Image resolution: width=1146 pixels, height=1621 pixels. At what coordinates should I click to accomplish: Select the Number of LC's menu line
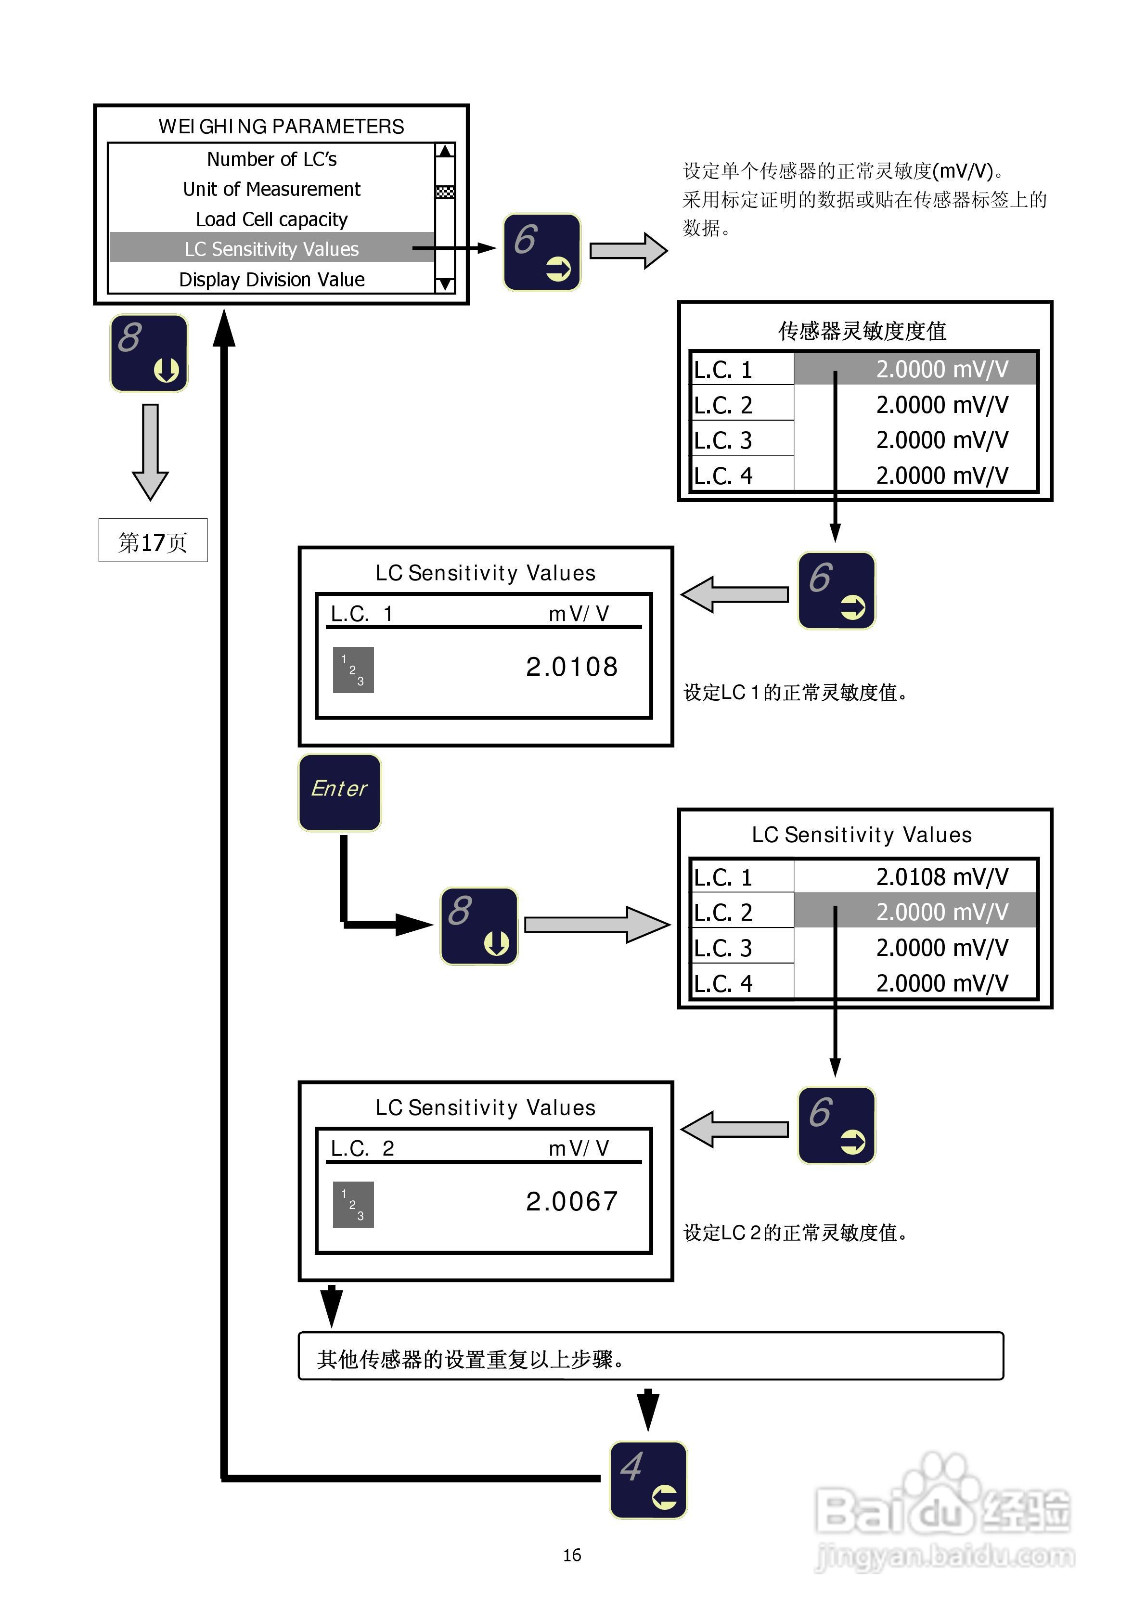tap(272, 160)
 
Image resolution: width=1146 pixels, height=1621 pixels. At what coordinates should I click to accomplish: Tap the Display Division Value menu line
tap(272, 280)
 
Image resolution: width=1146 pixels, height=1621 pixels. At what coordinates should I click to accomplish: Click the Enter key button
tap(340, 792)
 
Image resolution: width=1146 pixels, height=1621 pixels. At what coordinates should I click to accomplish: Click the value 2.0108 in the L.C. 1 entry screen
tap(572, 667)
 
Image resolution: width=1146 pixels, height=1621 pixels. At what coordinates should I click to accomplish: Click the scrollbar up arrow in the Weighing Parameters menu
tap(445, 151)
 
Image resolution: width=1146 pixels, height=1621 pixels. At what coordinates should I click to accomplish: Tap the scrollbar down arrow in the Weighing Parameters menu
tap(445, 284)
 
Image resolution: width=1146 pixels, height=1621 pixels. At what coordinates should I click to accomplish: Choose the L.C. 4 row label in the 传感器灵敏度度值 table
tap(724, 476)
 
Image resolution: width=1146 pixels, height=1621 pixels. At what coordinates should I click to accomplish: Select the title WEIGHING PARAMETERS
tap(281, 127)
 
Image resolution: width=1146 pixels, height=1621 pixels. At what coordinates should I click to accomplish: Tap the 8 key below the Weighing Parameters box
tap(149, 353)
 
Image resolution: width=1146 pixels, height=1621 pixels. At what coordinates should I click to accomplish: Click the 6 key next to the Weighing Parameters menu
tap(541, 252)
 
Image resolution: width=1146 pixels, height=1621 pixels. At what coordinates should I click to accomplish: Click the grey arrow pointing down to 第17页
tap(150, 452)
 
